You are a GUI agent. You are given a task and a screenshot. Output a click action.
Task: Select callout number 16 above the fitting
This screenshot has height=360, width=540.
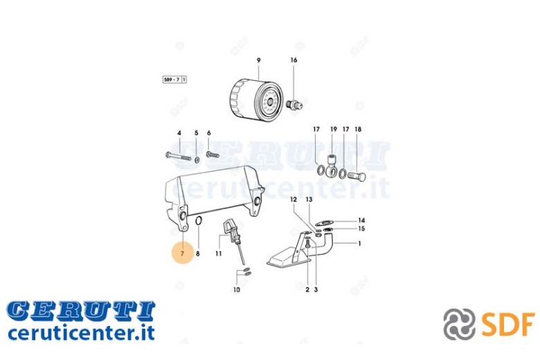(294, 60)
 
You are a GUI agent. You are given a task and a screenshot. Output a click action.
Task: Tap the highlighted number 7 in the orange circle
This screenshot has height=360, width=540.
(183, 253)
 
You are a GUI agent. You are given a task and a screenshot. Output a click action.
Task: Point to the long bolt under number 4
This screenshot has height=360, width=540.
(178, 156)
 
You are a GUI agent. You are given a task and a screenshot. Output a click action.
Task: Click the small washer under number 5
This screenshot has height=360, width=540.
(197, 159)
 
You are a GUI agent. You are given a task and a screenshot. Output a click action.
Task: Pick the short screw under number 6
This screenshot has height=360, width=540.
(213, 155)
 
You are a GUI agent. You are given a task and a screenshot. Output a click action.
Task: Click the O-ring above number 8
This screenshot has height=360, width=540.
(199, 221)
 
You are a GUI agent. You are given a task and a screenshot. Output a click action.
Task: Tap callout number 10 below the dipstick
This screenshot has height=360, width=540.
(236, 289)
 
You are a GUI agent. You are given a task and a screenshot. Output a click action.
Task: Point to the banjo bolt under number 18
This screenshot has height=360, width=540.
(357, 177)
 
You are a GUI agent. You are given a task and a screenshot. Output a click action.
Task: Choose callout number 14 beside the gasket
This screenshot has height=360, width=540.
(361, 220)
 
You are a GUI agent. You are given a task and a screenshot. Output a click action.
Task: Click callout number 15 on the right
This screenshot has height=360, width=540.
(361, 228)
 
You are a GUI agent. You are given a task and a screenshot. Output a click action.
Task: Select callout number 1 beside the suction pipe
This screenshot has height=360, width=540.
(359, 244)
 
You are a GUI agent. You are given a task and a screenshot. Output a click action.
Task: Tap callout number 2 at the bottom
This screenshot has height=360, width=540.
(307, 289)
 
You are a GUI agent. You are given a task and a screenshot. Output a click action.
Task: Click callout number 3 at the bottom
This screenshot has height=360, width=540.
(316, 289)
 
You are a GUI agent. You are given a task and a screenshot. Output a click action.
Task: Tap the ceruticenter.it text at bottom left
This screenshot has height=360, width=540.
(81, 333)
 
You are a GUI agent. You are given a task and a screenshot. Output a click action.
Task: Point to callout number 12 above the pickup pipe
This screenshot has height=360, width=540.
(293, 199)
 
